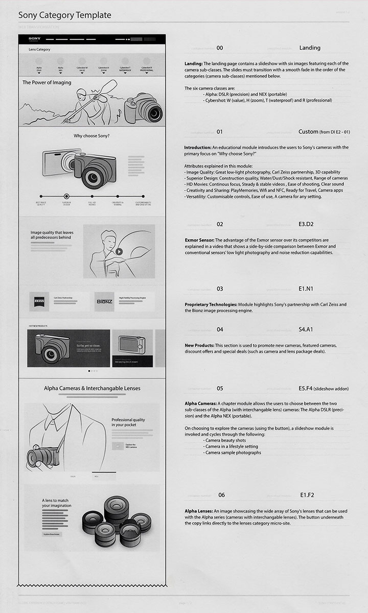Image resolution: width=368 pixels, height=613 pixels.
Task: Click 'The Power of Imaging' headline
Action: click(47, 82)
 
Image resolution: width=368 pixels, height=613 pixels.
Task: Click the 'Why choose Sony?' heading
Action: click(91, 136)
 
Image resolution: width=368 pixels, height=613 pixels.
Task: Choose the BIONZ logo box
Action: click(105, 301)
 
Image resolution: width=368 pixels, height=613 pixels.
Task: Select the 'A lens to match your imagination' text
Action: click(57, 503)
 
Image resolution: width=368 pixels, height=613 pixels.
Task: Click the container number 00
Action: click(220, 48)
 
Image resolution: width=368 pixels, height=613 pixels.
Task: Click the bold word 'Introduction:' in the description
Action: click(198, 147)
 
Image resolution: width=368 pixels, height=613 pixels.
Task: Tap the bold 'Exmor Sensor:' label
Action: click(199, 240)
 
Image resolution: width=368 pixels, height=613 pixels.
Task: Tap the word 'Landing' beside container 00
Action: click(310, 48)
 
